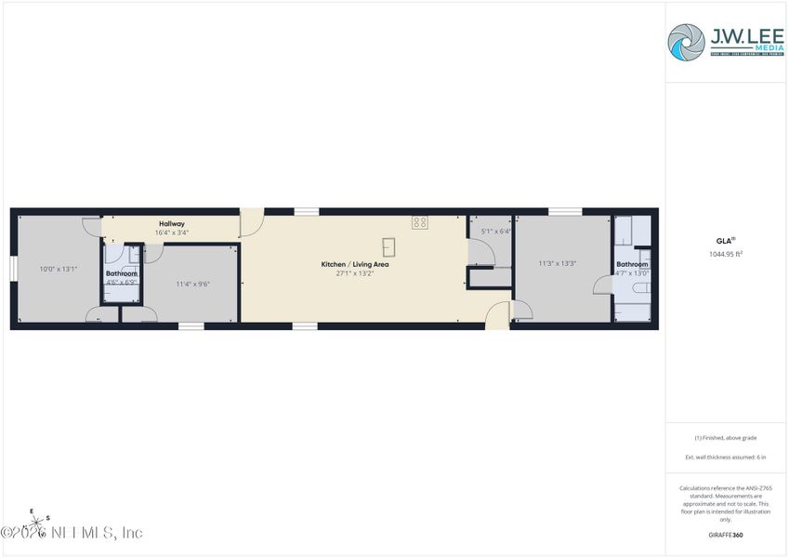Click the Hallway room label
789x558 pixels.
coord(172,223)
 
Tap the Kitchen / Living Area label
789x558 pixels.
coord(355,264)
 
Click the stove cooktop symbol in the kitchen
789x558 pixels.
coord(420,222)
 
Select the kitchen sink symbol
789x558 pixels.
coord(388,246)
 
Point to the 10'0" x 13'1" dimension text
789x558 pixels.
coord(58,269)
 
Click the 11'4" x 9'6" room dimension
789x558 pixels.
coord(193,284)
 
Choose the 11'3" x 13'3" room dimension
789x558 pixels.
coord(558,263)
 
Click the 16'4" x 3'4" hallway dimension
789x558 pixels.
coord(172,232)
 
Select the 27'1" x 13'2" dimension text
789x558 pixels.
coord(355,273)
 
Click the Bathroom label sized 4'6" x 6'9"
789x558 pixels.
coord(122,273)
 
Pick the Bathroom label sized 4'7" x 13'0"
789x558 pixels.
coord(632,264)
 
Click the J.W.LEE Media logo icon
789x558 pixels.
coord(687,42)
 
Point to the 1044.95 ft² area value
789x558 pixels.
coord(726,253)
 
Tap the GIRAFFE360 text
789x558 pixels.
coord(726,535)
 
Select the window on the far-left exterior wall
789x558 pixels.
coord(13,268)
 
